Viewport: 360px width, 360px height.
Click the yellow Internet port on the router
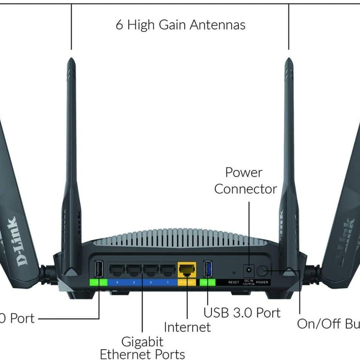coord(186,270)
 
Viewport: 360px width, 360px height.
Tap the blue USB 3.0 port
coord(207,269)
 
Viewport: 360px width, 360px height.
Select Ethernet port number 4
coord(117,270)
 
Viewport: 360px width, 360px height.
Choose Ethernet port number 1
coord(167,270)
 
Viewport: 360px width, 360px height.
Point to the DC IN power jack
coord(248,270)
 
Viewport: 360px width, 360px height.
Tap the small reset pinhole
coord(234,273)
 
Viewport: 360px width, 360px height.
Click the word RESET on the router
coord(234,282)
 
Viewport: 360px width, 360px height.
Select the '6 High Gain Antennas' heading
coord(180,24)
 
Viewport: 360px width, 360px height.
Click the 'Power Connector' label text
coord(245,180)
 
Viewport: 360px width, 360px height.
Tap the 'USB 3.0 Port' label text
coord(242,312)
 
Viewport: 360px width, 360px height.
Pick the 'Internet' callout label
coord(187,327)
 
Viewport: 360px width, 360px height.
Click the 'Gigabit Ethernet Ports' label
coord(142,347)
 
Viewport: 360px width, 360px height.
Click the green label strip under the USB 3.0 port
coord(207,282)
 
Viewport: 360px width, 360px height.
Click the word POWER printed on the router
coord(262,282)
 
